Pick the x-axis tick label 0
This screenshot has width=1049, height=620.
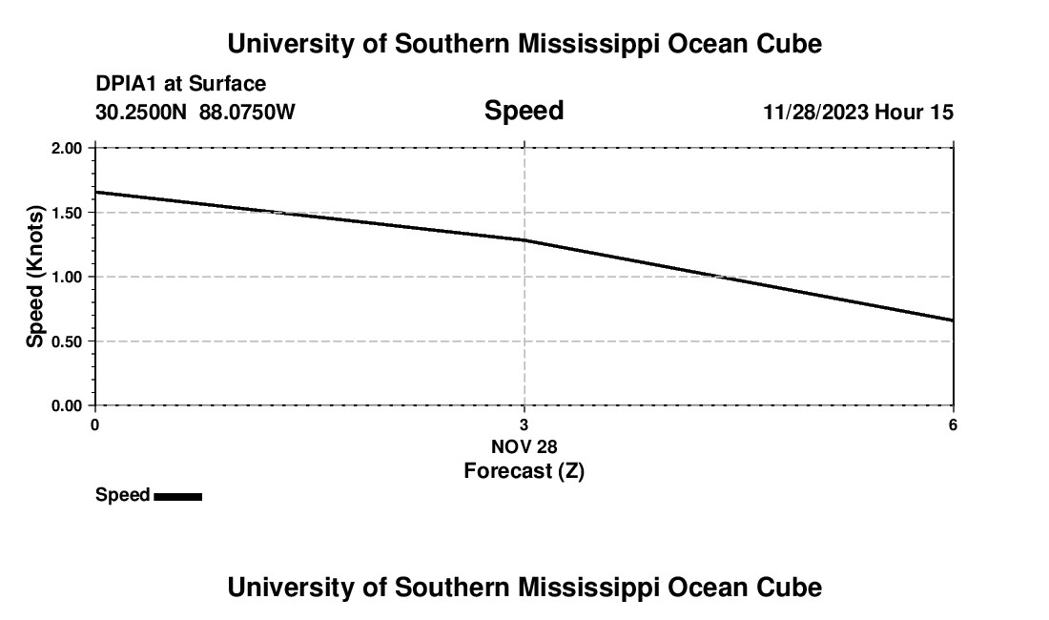point(94,424)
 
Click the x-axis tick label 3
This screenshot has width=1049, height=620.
point(524,424)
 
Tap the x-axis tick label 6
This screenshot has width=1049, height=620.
point(953,424)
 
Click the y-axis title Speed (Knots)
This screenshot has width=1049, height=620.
point(35,277)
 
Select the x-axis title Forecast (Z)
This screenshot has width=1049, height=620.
point(524,470)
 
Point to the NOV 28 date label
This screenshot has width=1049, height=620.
point(524,446)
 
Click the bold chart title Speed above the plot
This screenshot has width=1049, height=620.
point(524,111)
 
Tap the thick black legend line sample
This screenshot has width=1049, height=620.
point(177,496)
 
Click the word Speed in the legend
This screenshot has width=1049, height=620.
point(122,495)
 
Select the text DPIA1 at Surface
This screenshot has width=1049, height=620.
point(180,84)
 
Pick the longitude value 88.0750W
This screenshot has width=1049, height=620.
point(247,113)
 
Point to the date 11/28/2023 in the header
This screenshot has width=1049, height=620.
point(815,113)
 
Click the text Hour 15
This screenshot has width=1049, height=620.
point(915,113)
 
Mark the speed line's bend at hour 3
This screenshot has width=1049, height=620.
point(524,240)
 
